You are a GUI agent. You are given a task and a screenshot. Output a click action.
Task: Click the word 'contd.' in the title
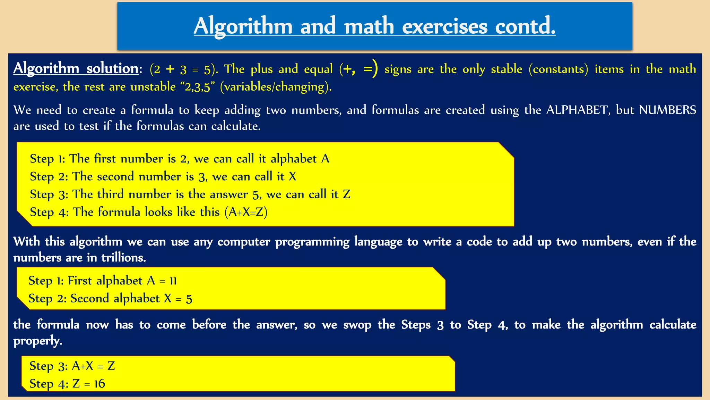tap(525, 26)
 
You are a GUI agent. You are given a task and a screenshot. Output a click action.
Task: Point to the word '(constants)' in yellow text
tap(559, 69)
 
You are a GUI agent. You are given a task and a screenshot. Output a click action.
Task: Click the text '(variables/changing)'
tap(276, 87)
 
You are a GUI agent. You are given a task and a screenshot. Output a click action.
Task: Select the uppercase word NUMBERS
tap(667, 110)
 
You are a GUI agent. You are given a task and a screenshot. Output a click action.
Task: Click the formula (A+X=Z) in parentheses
tap(246, 212)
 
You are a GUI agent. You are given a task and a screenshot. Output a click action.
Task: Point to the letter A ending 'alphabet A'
tap(325, 159)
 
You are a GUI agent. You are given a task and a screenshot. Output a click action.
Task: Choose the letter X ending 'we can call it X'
tap(292, 176)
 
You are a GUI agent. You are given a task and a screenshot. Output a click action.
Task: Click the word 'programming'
tap(312, 242)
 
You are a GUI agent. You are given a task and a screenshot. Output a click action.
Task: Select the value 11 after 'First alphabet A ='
tap(173, 281)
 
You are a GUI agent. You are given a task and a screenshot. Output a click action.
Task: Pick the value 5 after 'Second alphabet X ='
tap(189, 299)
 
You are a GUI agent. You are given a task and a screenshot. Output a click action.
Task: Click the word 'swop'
tap(357, 325)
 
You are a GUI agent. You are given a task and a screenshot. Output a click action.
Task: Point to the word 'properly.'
tap(38, 341)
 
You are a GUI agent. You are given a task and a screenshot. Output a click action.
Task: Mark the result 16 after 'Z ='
tap(99, 384)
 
